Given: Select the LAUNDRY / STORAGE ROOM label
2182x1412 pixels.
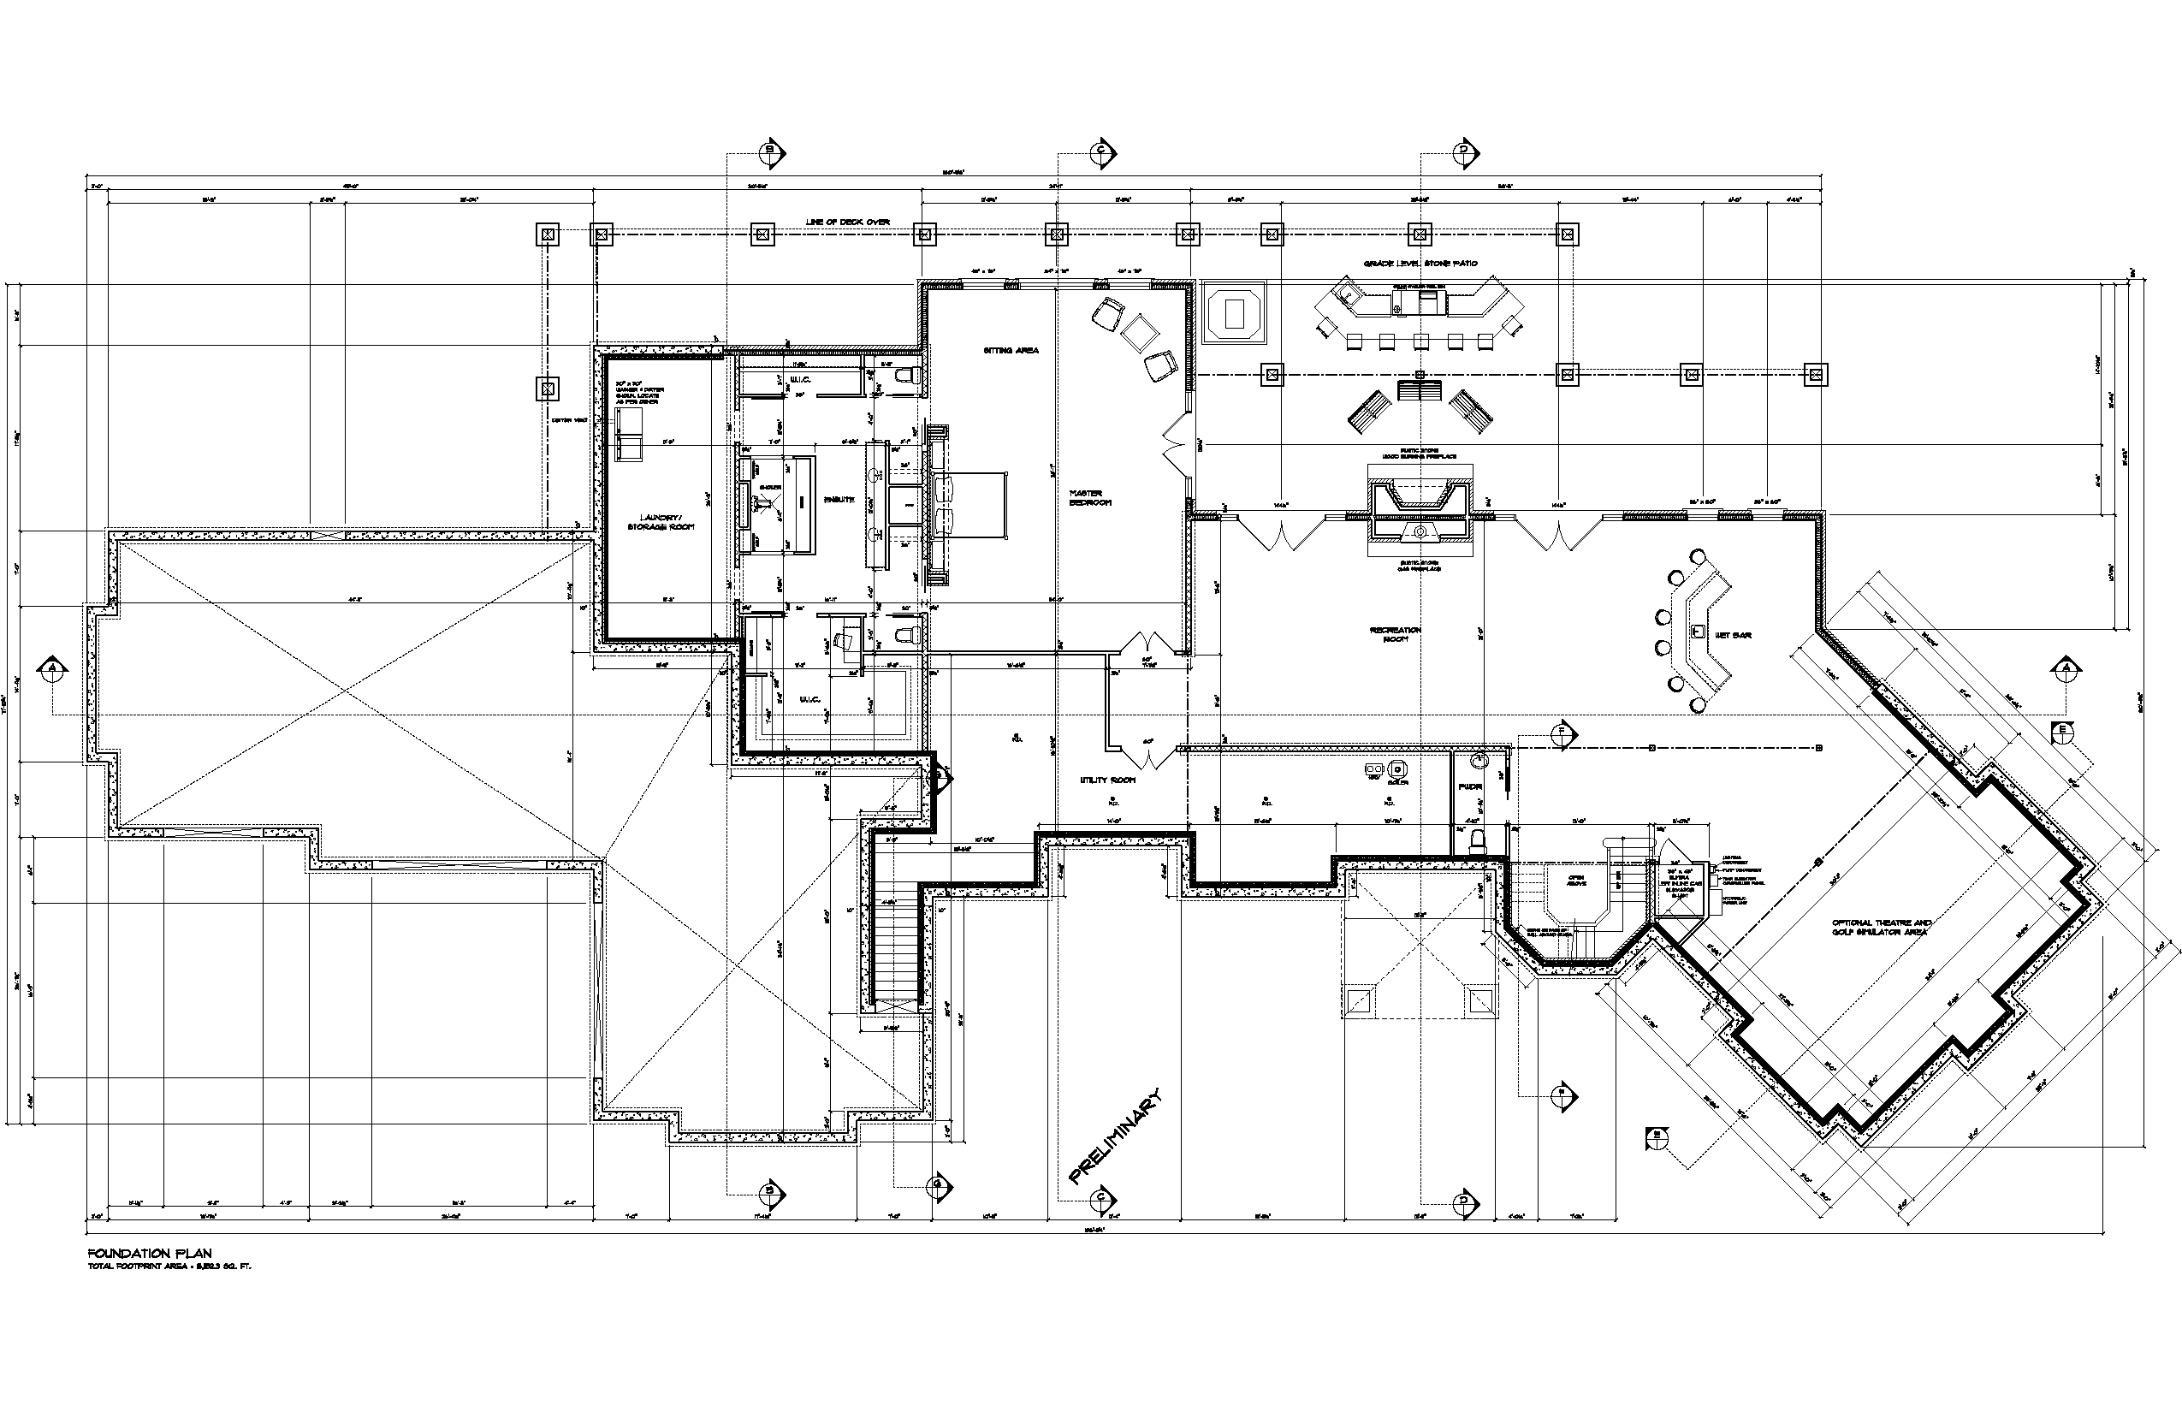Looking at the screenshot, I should point(660,522).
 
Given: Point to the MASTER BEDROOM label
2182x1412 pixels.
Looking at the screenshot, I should point(1090,498).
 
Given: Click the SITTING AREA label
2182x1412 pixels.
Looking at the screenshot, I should point(1011,350).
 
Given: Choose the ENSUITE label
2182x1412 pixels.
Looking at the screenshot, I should point(839,500).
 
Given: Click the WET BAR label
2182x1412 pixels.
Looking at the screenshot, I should point(1733,634).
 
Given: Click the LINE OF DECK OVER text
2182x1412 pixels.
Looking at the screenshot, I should point(847,222).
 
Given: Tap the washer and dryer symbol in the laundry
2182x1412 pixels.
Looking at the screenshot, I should point(630,433).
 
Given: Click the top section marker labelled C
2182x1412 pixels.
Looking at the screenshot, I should point(1102,152).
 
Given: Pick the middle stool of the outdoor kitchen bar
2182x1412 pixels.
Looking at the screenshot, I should point(1421,342).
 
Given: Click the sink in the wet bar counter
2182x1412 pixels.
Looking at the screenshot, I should point(1697,632).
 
